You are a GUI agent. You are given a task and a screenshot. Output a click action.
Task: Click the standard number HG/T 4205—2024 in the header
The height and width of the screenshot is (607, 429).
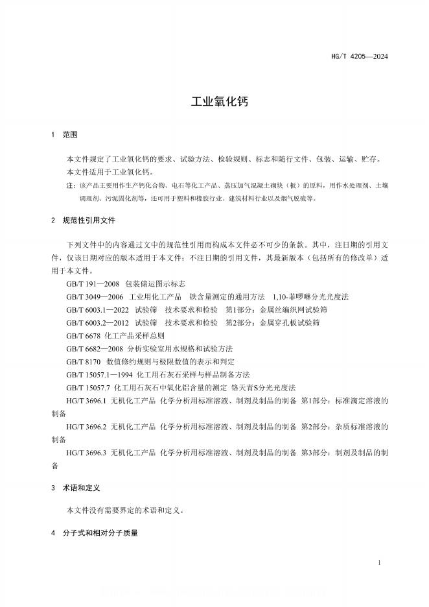point(364,56)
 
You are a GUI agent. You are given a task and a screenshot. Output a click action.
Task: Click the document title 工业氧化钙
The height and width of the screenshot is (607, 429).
point(214,102)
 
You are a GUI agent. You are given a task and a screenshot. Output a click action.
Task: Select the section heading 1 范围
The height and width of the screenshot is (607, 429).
point(64,135)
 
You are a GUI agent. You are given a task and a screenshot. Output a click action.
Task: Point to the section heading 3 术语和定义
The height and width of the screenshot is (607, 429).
point(75,486)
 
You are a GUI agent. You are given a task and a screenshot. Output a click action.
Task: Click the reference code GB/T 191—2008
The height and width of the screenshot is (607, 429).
point(92,283)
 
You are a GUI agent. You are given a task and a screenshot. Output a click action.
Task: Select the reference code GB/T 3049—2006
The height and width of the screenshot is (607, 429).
point(94,296)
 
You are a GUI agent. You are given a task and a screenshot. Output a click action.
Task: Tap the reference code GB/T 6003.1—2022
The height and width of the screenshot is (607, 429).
point(97,309)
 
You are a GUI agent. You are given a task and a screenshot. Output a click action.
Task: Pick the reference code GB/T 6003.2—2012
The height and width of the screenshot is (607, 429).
point(97,322)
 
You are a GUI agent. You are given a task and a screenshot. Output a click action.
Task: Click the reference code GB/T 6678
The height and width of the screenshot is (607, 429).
point(83,336)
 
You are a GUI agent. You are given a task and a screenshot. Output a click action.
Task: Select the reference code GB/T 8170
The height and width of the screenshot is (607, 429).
point(83,362)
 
